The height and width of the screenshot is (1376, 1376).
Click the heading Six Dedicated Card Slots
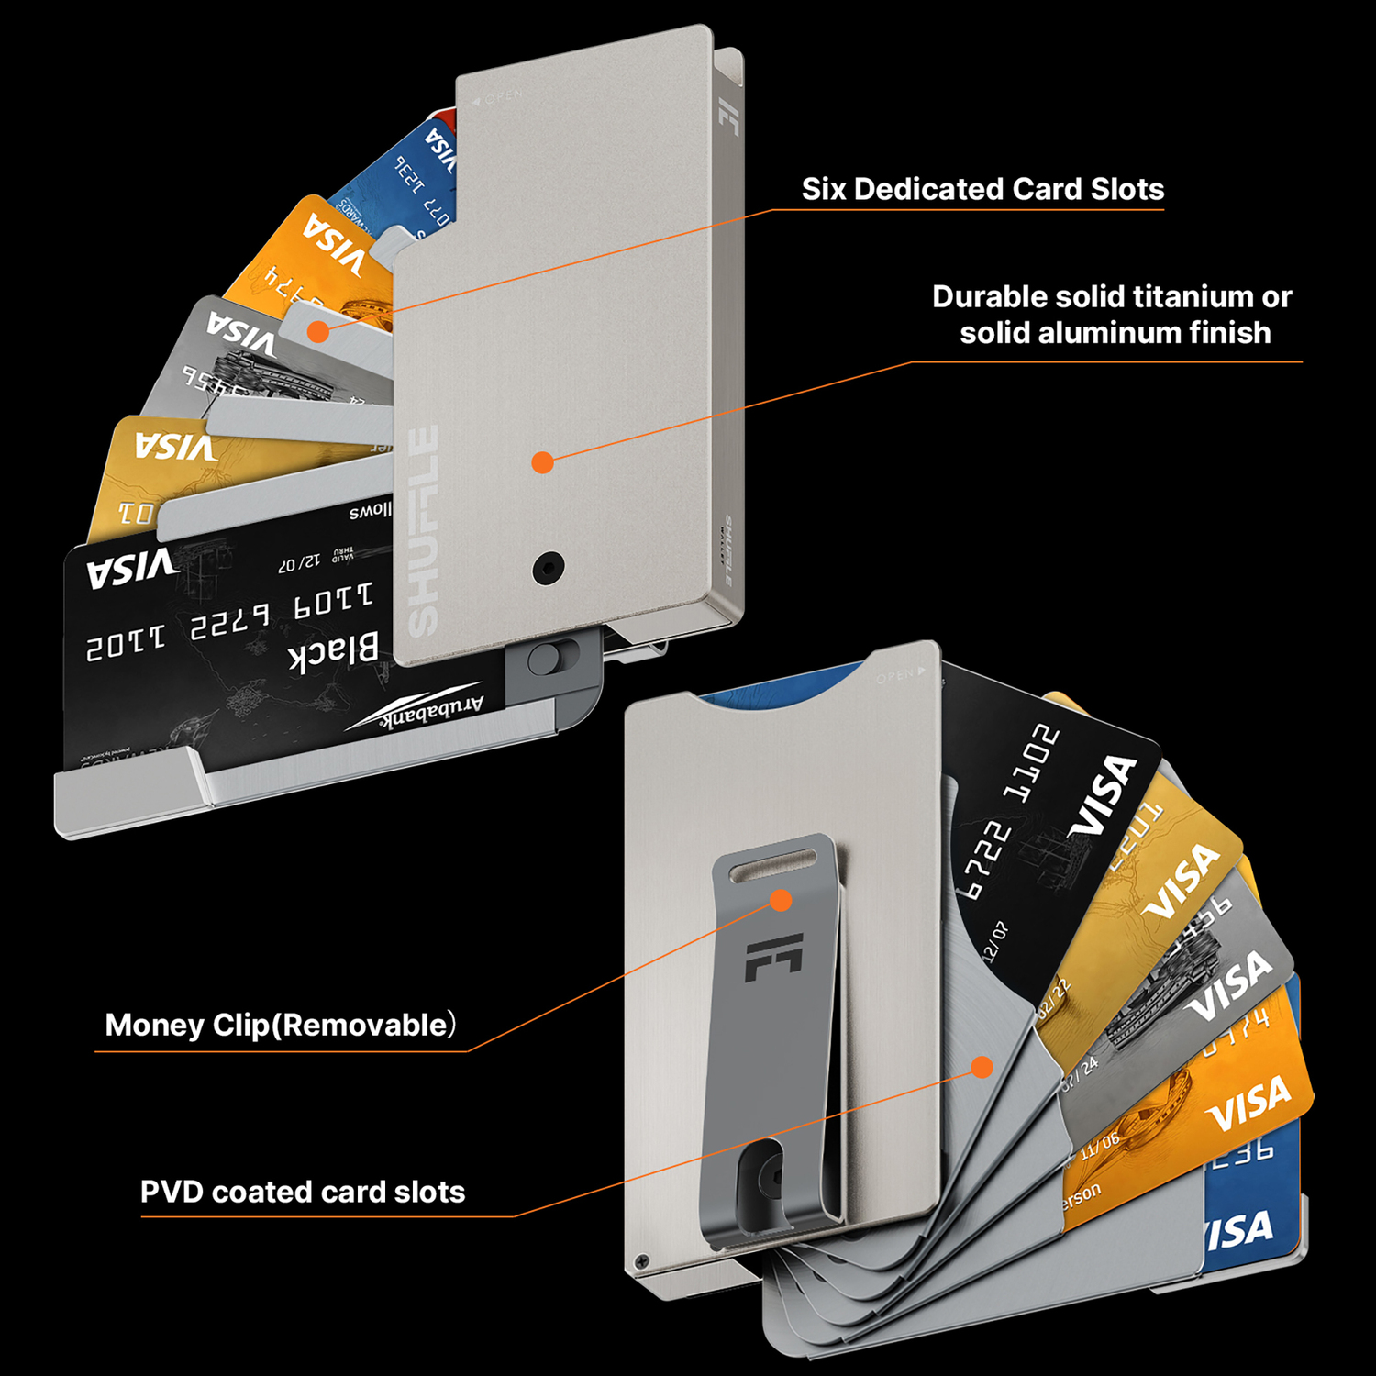click(x=982, y=189)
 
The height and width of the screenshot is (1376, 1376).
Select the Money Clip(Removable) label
click(x=280, y=1025)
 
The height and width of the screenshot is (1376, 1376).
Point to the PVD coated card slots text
click(x=303, y=1192)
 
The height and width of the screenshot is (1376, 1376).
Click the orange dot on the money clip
click(x=781, y=900)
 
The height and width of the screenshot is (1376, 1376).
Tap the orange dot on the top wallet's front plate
click(x=543, y=462)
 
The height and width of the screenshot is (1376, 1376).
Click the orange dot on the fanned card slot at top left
click(x=318, y=331)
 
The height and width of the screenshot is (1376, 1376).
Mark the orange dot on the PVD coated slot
click(x=982, y=1067)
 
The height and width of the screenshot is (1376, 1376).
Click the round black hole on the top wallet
click(x=549, y=568)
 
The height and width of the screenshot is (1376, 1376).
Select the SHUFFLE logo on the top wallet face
click(x=423, y=530)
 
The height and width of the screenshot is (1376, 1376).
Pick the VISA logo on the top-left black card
click(x=132, y=569)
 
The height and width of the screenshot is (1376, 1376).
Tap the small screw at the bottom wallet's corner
click(x=642, y=1261)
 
